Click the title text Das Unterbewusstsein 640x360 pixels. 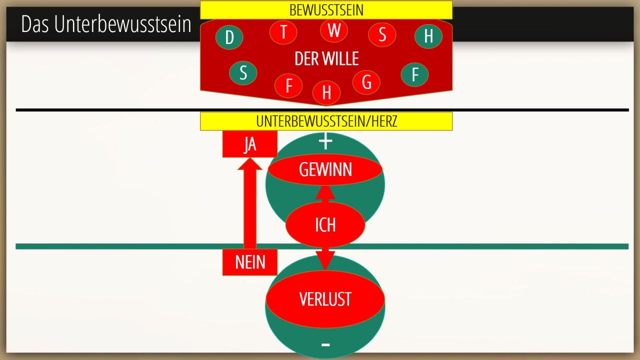[x=106, y=24]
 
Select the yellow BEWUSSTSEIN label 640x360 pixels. [x=326, y=10]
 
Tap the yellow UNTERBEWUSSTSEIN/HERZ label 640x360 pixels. [x=326, y=121]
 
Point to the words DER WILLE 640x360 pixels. [x=326, y=59]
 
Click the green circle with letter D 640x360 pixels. [x=229, y=37]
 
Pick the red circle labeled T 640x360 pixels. [x=283, y=32]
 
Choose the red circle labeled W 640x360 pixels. [x=334, y=30]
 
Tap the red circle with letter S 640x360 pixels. [x=382, y=34]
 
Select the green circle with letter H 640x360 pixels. [x=428, y=36]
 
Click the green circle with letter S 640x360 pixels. [x=243, y=73]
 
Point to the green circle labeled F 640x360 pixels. [x=414, y=74]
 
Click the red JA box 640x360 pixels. [x=250, y=144]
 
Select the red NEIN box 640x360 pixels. [x=250, y=262]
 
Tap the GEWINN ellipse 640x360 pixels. [x=325, y=170]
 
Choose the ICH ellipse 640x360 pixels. [x=325, y=225]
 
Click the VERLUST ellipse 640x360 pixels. [x=325, y=299]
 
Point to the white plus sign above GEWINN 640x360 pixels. [x=325, y=142]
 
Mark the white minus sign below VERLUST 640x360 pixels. [x=325, y=344]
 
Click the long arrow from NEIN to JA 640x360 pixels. [x=250, y=205]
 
